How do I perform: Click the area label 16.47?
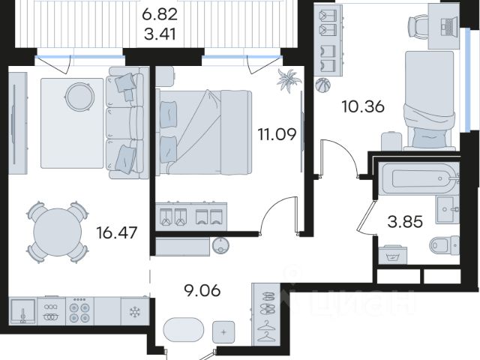[x=117, y=233]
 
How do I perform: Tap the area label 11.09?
[x=277, y=134]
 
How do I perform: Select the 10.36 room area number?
[x=363, y=106]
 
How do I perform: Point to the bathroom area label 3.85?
[x=405, y=222]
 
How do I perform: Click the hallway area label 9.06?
[x=202, y=290]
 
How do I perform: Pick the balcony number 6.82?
[x=160, y=14]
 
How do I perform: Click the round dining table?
[x=58, y=232]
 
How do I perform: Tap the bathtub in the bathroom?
[x=419, y=178]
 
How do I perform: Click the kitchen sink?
[x=22, y=311]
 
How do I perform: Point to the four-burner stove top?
[x=79, y=311]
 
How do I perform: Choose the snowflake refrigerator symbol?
[x=134, y=312]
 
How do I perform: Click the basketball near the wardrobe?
[x=323, y=85]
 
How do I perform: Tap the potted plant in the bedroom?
[x=289, y=80]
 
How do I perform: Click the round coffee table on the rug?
[x=80, y=97]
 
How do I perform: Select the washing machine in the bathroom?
[x=393, y=255]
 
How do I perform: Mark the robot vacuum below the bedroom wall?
[x=220, y=245]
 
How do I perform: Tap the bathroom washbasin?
[x=448, y=210]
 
